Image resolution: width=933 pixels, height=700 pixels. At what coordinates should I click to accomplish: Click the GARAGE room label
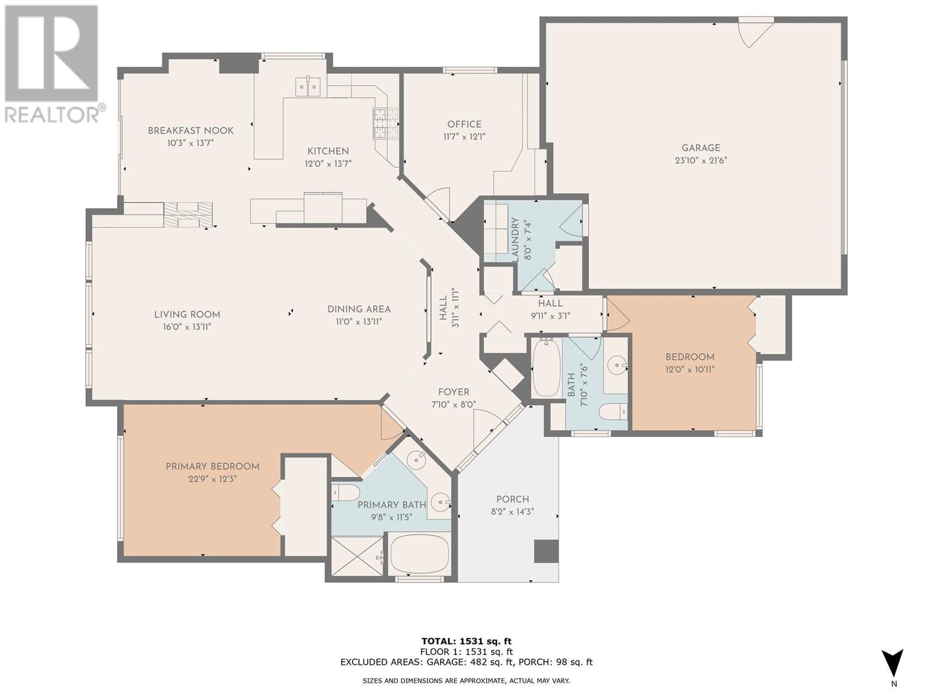click(701, 148)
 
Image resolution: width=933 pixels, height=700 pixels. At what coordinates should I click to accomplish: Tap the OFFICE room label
click(464, 124)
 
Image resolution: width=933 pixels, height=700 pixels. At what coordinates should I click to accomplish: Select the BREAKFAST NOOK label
click(191, 131)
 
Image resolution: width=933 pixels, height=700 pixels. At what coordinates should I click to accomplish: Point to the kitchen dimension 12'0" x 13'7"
click(328, 164)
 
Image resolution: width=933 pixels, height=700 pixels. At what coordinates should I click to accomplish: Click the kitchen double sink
click(308, 87)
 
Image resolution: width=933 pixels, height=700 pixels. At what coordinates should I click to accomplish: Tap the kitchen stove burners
click(386, 123)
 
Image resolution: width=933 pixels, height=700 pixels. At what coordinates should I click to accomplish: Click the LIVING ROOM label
click(187, 315)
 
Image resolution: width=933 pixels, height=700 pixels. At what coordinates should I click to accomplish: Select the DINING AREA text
click(359, 309)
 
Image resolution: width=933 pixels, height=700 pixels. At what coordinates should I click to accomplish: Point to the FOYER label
click(454, 392)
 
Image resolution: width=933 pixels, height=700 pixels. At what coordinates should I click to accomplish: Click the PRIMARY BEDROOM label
click(212, 467)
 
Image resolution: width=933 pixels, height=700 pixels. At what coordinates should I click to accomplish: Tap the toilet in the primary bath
click(345, 493)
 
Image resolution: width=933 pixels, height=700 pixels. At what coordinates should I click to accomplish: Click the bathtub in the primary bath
click(419, 554)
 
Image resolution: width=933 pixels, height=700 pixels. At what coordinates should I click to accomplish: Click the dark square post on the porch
click(546, 552)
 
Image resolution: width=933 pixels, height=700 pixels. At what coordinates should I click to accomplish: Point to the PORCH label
click(513, 499)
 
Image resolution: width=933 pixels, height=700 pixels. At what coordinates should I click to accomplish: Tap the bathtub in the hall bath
click(546, 368)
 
